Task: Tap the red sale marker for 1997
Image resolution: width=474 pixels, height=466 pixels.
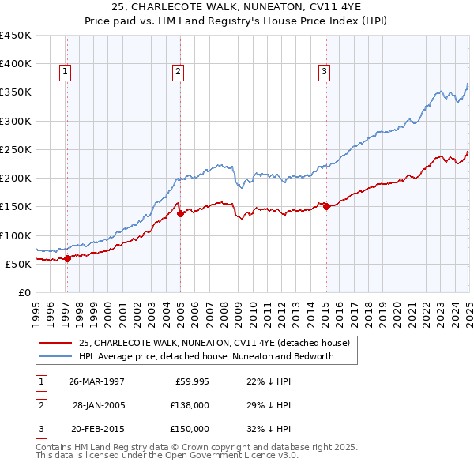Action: (68, 257)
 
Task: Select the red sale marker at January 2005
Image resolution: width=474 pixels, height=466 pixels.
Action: (180, 213)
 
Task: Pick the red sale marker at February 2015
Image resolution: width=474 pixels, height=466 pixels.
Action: (326, 206)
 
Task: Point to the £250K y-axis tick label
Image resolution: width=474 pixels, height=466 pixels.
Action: (16, 149)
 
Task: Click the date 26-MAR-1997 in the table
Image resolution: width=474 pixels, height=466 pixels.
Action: (96, 381)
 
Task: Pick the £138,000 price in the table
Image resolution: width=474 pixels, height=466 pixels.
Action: (190, 405)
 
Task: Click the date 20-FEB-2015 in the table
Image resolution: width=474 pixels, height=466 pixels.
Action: (96, 429)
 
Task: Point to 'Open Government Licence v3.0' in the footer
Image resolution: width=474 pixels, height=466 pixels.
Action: (231, 455)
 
